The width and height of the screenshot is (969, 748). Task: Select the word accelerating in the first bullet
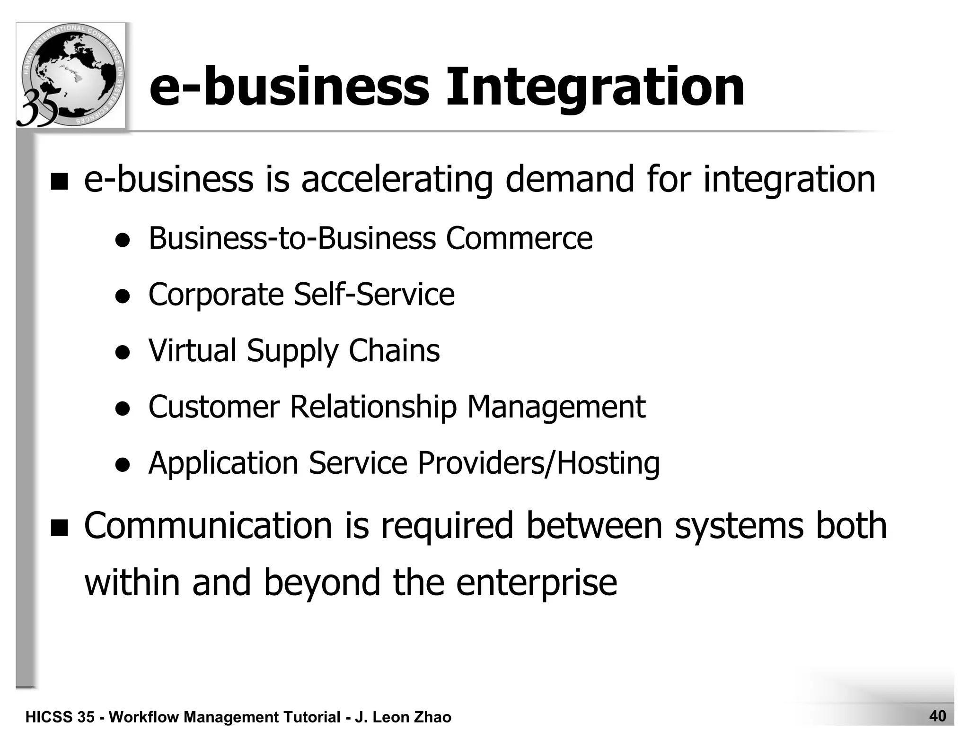click(x=396, y=180)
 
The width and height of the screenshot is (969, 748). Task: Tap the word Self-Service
click(x=374, y=294)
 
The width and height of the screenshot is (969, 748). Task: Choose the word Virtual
click(x=193, y=350)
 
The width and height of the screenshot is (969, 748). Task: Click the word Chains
click(x=394, y=350)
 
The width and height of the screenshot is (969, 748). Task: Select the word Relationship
click(x=373, y=407)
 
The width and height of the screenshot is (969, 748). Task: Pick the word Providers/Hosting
click(x=538, y=463)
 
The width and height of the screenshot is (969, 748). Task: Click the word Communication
click(x=208, y=525)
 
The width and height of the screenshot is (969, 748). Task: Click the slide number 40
click(x=937, y=716)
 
